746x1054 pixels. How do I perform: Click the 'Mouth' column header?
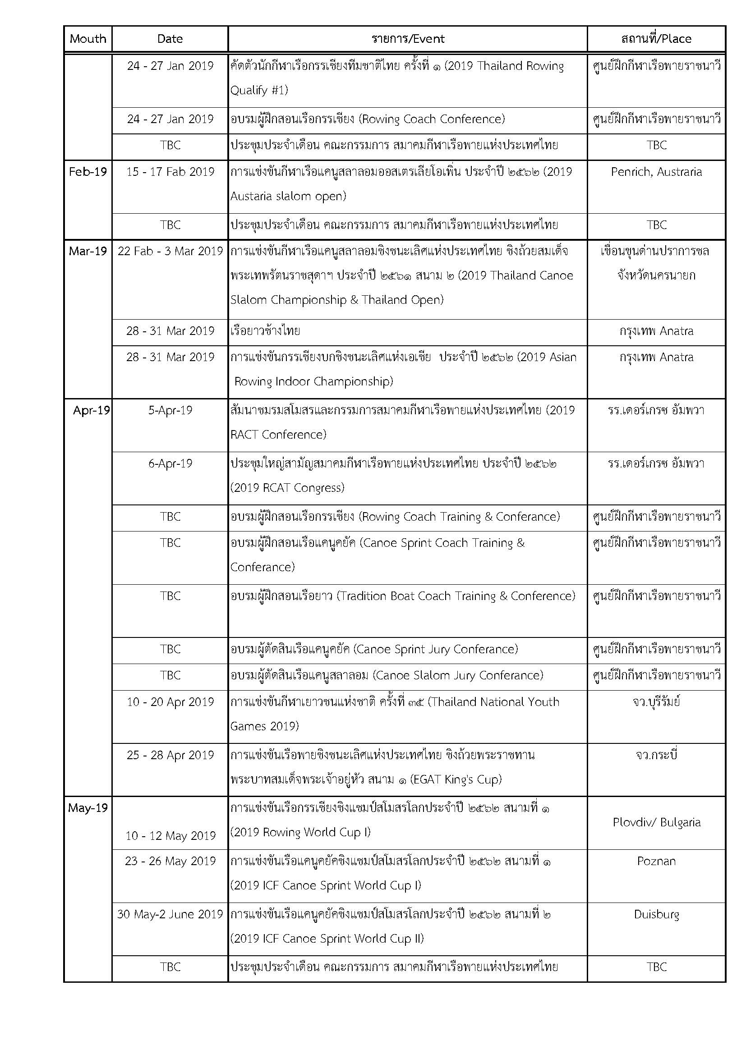tap(88, 39)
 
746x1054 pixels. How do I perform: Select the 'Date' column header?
tap(170, 39)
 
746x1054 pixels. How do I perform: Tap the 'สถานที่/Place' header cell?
tap(656, 39)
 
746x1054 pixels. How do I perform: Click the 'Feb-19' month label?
tap(88, 172)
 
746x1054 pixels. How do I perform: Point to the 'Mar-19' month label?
tap(88, 251)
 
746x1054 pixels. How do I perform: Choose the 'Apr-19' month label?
tap(92, 410)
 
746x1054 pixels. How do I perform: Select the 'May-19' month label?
tap(88, 808)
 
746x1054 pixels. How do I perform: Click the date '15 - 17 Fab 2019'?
tap(170, 172)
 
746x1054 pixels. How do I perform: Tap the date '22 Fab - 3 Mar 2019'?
tap(170, 251)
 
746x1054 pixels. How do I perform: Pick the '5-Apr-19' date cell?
tap(170, 410)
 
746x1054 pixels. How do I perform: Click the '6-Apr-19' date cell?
tap(170, 463)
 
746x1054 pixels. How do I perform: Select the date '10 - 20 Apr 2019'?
tap(170, 702)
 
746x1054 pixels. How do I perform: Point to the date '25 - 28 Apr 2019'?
tap(170, 755)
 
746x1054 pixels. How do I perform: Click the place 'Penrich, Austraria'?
tap(656, 172)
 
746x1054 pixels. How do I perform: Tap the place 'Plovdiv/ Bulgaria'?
tap(656, 822)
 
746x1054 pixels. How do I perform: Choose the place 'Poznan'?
tap(656, 861)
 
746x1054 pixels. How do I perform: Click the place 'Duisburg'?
tap(656, 914)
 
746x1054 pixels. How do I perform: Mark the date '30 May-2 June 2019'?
tap(170, 914)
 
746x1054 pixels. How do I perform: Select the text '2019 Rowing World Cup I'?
tap(300, 832)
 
